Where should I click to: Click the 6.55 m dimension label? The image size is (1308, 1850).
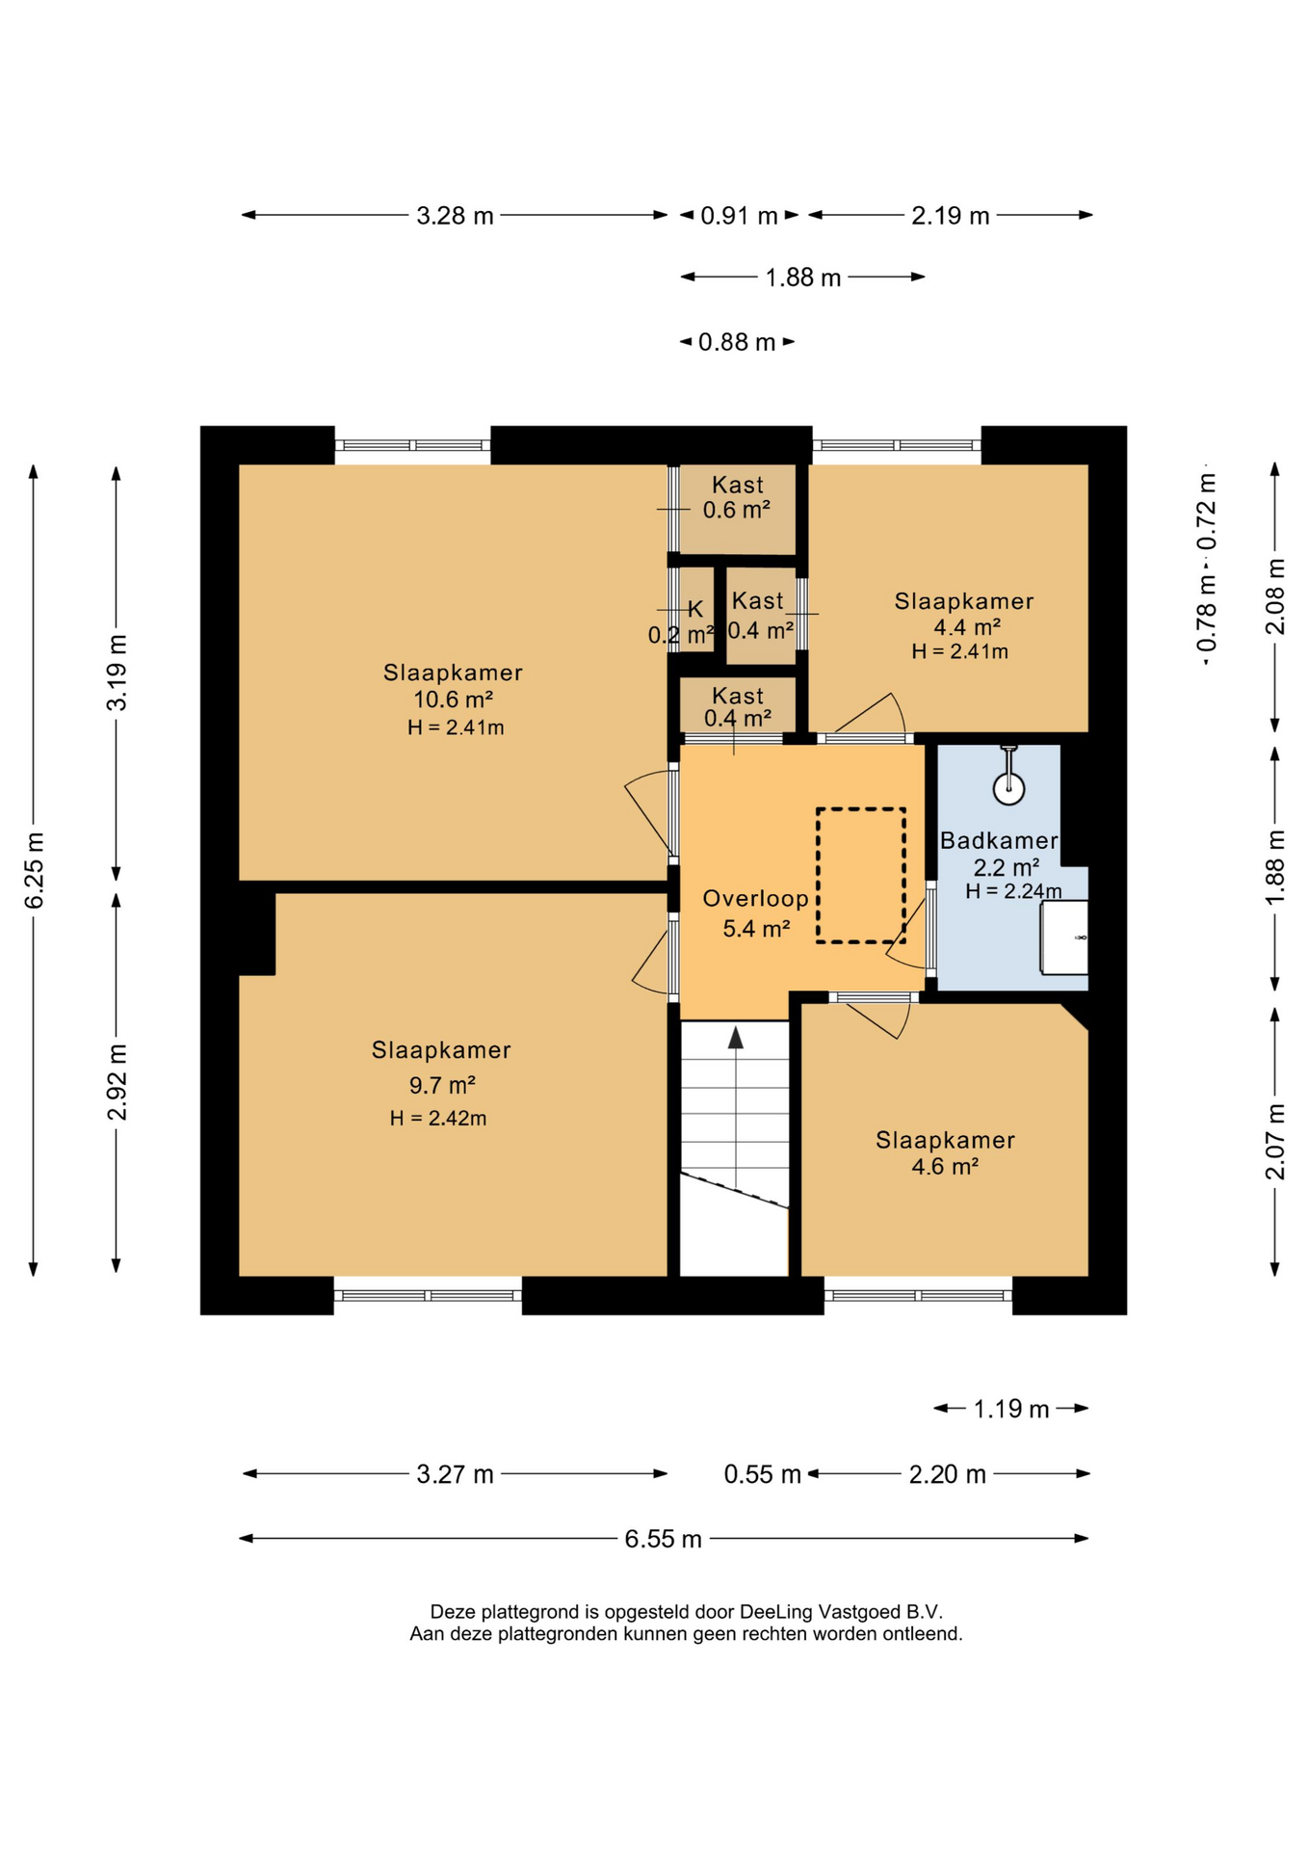pyautogui.click(x=663, y=1539)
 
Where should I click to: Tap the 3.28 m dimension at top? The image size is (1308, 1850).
pyautogui.click(x=455, y=216)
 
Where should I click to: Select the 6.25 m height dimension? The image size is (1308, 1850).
pyautogui.click(x=35, y=871)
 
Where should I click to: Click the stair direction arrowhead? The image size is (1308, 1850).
pyautogui.click(x=736, y=1038)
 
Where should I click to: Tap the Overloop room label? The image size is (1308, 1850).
pyautogui.click(x=756, y=899)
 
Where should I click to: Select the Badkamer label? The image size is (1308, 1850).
pyautogui.click(x=999, y=840)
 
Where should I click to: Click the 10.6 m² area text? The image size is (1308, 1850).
pyautogui.click(x=454, y=700)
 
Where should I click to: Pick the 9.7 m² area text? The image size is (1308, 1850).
pyautogui.click(x=442, y=1086)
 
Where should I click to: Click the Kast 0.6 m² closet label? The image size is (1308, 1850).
pyautogui.click(x=737, y=497)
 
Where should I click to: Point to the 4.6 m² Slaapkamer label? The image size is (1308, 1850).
pyautogui.click(x=945, y=1153)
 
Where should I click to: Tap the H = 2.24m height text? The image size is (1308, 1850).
pyautogui.click(x=1013, y=891)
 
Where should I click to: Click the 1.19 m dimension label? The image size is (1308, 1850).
pyautogui.click(x=1010, y=1410)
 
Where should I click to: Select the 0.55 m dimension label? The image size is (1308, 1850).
pyautogui.click(x=763, y=1474)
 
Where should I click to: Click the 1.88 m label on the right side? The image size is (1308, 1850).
pyautogui.click(x=1275, y=867)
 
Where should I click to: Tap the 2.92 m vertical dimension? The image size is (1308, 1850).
pyautogui.click(x=118, y=1082)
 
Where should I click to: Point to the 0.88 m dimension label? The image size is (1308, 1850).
pyautogui.click(x=737, y=342)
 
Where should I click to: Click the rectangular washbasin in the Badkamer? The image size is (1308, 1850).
pyautogui.click(x=1064, y=938)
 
